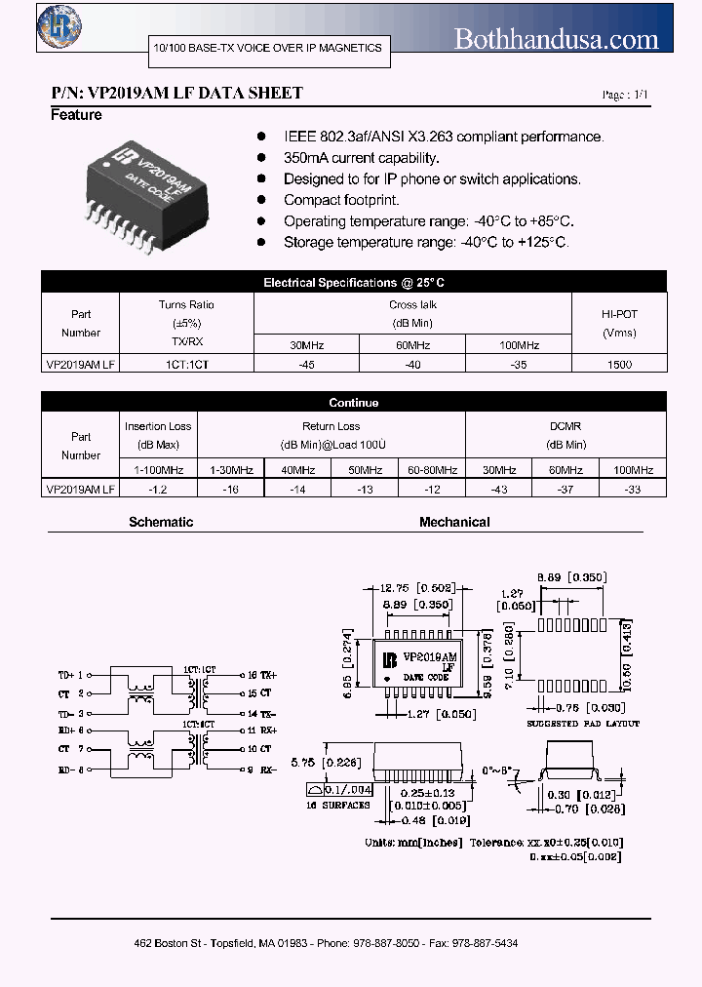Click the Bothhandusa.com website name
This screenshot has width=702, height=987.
557,39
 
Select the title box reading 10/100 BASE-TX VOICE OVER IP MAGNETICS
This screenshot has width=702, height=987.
268,48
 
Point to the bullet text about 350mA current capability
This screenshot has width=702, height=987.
362,158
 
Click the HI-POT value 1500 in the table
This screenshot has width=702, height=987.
619,364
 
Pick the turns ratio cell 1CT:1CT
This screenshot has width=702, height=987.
186,364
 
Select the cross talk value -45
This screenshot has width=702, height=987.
306,364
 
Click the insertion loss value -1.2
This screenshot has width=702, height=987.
159,491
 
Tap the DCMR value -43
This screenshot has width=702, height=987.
498,491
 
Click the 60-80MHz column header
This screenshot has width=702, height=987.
432,470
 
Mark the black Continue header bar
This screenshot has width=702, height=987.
354,402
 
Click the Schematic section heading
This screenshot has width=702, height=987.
161,522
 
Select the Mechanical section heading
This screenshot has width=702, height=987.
454,522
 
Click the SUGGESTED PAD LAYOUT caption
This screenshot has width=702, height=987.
583,723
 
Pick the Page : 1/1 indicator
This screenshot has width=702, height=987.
624,95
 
